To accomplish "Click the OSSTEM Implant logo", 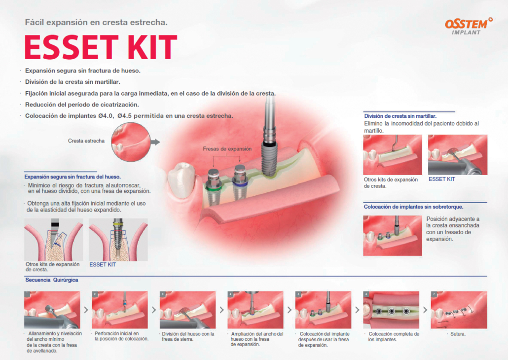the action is [x=469, y=26].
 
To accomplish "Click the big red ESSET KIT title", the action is [x=101, y=48].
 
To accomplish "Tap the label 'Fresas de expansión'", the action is [x=227, y=149].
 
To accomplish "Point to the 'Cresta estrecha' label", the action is [x=86, y=141].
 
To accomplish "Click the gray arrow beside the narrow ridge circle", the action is [x=155, y=142].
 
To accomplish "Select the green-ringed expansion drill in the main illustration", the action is [x=213, y=186].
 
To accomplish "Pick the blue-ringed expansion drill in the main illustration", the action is [x=240, y=183].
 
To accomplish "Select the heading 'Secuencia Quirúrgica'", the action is [x=52, y=280].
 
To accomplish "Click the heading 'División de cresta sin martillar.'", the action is [x=400, y=116].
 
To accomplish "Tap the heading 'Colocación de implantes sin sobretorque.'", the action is [x=413, y=207].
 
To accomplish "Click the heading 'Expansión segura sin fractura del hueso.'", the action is [x=73, y=177].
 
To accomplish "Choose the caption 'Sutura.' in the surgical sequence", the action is [x=458, y=334].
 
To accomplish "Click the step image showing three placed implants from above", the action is [x=391, y=310].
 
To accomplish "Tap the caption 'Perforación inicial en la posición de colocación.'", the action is [x=121, y=336].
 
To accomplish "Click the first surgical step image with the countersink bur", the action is [x=52, y=310].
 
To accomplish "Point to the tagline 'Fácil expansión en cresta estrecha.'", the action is [x=96, y=22].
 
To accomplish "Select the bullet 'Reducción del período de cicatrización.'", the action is [x=82, y=105].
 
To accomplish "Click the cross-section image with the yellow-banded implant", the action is [x=118, y=240].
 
